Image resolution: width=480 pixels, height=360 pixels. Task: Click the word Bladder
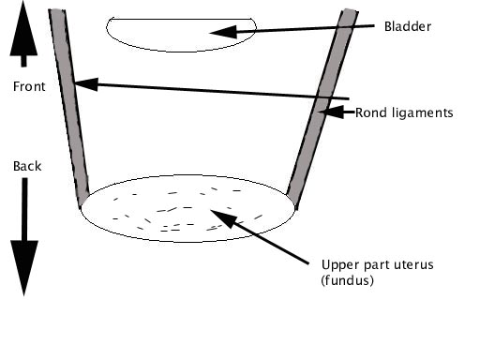(408, 27)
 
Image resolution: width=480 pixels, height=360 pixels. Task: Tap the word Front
(29, 87)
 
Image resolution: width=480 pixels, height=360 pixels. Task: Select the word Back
(27, 166)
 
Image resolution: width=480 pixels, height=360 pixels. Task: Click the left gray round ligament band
(69, 103)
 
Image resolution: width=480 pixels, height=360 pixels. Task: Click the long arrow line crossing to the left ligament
(216, 91)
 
